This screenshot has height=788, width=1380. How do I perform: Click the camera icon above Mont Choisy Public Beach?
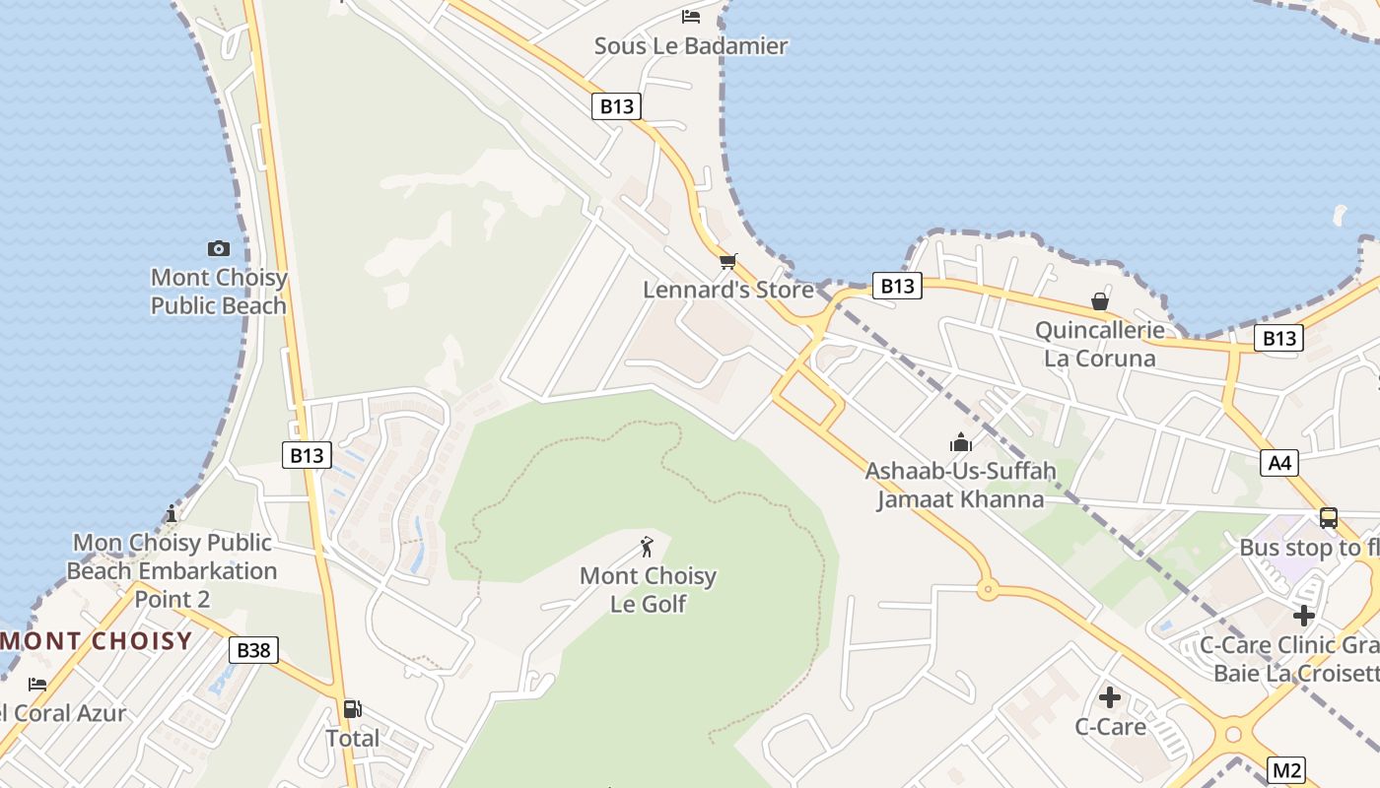pyautogui.click(x=219, y=248)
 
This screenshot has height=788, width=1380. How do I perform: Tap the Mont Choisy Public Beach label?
pyautogui.click(x=219, y=292)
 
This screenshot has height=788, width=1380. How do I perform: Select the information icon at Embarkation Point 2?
pyautogui.click(x=172, y=513)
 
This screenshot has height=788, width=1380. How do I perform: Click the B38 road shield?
pyautogui.click(x=253, y=650)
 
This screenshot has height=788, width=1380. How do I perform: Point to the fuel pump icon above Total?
pyautogui.click(x=352, y=708)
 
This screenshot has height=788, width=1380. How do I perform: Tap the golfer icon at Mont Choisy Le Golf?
pyautogui.click(x=647, y=547)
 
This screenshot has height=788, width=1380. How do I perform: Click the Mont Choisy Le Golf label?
pyautogui.click(x=648, y=589)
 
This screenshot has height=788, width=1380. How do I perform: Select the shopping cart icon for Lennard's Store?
pyautogui.click(x=727, y=261)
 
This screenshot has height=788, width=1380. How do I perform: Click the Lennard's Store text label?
pyautogui.click(x=728, y=290)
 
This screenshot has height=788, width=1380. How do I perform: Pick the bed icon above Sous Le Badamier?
pyautogui.click(x=691, y=17)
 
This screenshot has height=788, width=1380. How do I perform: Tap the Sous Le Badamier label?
pyautogui.click(x=691, y=45)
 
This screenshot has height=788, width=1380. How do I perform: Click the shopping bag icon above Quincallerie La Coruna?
pyautogui.click(x=1099, y=301)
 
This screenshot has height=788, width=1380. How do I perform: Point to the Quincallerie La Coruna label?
pyautogui.click(x=1099, y=344)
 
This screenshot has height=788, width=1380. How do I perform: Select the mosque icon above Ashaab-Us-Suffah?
pyautogui.click(x=961, y=442)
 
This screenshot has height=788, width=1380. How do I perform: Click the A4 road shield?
pyautogui.click(x=1279, y=462)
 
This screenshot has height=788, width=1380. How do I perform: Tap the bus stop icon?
pyautogui.click(x=1328, y=518)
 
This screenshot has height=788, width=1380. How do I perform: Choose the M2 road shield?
pyautogui.click(x=1285, y=770)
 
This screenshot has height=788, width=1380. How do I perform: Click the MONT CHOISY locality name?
pyautogui.click(x=97, y=641)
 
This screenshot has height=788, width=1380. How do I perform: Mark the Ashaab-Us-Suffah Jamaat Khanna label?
pyautogui.click(x=960, y=486)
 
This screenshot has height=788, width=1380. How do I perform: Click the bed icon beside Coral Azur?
pyautogui.click(x=37, y=684)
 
